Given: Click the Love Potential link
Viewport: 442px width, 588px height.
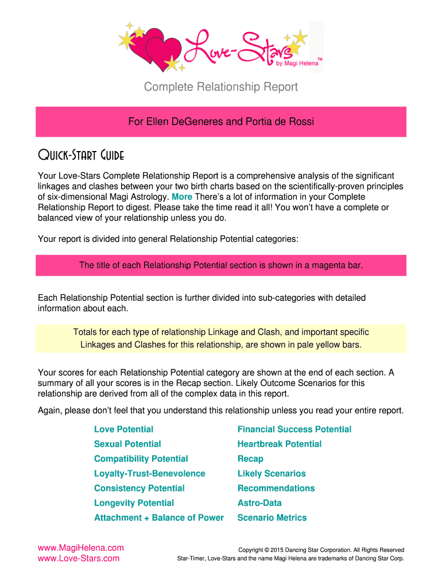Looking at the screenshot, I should pos(123,430).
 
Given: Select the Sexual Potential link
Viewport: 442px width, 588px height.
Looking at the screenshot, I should pos(127,444).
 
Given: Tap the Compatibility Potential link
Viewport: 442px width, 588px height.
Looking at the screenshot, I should pos(141,459).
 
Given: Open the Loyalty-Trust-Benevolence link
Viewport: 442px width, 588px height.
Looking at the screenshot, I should pos(149,474).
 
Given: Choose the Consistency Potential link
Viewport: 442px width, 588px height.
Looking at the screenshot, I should pos(139,488).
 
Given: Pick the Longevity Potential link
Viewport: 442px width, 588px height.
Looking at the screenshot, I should pos(134,503).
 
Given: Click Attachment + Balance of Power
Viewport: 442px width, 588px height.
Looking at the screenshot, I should pos(158,518).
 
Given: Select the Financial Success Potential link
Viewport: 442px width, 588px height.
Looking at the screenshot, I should pos(294,430).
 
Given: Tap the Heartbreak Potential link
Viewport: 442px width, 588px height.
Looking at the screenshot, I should pos(279,444).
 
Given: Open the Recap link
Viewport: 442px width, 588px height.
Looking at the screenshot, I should pos(250,459).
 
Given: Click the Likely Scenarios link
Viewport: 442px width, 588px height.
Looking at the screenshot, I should pos(272,474).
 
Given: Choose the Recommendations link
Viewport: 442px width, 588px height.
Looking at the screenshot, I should pos(276,488).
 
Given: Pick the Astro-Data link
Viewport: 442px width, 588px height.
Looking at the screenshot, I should pos(259,503).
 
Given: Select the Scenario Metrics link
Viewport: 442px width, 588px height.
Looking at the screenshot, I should pos(272,518).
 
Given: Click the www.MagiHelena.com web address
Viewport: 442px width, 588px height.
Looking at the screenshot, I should pos(80,548).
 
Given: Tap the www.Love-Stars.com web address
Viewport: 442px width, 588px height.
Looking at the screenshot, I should pos(79,558).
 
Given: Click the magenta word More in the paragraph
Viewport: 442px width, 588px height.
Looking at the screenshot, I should pos(182,197).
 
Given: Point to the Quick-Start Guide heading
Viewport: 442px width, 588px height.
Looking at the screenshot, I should pos(81,156).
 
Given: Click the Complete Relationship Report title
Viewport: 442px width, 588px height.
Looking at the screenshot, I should pos(221,87).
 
